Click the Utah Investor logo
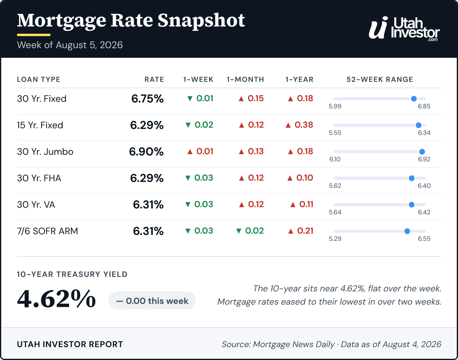(x=404, y=29)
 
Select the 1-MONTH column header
(x=245, y=79)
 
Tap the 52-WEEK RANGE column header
(x=380, y=79)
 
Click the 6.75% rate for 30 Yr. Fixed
(x=147, y=99)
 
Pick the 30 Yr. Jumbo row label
(x=45, y=152)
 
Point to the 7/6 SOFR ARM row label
(x=48, y=231)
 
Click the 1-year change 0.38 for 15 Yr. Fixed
(x=299, y=125)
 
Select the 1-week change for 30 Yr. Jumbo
(x=200, y=151)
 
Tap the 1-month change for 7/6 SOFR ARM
(x=250, y=231)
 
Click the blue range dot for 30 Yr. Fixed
(x=414, y=99)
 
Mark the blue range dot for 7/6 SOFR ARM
(x=407, y=231)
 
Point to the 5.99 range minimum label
(x=335, y=106)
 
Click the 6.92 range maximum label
(x=424, y=159)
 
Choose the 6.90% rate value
(x=146, y=152)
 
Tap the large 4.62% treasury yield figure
(x=56, y=299)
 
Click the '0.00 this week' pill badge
(x=152, y=300)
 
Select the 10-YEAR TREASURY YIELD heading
(x=72, y=274)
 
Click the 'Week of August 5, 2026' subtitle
(x=70, y=45)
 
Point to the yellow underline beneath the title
(x=34, y=35)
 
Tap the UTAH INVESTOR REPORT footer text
(x=70, y=344)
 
